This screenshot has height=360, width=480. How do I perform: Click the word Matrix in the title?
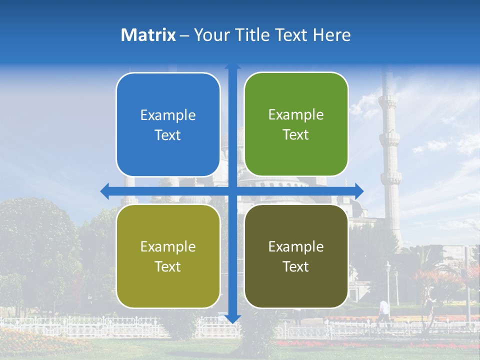[148, 35]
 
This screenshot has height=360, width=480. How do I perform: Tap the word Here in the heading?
[331, 35]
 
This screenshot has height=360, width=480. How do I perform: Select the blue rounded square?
[168, 124]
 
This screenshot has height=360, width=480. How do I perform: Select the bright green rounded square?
[296, 124]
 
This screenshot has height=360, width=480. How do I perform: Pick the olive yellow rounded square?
[168, 256]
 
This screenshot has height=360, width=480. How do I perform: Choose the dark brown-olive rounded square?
[296, 256]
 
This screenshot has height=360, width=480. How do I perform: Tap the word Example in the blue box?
[168, 115]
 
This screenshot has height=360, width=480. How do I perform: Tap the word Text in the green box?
[296, 135]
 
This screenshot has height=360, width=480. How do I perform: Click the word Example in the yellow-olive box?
[168, 246]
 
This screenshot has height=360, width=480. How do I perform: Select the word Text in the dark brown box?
[296, 267]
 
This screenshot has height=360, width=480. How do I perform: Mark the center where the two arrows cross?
[232, 190]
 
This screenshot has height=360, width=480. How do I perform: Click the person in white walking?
[383, 310]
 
